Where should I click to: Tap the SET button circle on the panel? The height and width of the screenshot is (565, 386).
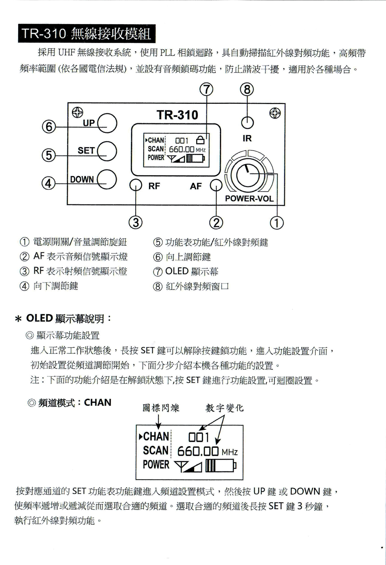[107, 151]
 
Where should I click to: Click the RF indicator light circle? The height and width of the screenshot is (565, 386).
[136, 186]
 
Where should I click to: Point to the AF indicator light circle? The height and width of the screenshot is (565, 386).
[216, 186]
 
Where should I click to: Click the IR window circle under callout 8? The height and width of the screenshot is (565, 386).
[247, 122]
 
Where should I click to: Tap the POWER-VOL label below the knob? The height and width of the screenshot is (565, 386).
[249, 199]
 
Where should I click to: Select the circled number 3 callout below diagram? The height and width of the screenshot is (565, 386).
[136, 222]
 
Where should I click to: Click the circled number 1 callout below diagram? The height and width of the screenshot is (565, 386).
[277, 223]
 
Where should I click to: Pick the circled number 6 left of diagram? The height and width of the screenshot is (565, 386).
[49, 127]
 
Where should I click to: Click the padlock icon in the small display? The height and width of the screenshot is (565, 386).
[200, 141]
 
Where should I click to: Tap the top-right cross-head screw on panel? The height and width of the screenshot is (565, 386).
[275, 113]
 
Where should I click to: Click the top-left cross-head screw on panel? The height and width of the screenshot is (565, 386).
[77, 112]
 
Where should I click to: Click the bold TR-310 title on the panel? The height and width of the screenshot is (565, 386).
[177, 115]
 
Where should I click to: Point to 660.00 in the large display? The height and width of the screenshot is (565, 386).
[198, 451]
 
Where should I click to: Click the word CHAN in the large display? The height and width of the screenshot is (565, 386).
[156, 437]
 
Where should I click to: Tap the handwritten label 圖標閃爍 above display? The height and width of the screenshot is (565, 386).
[161, 408]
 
